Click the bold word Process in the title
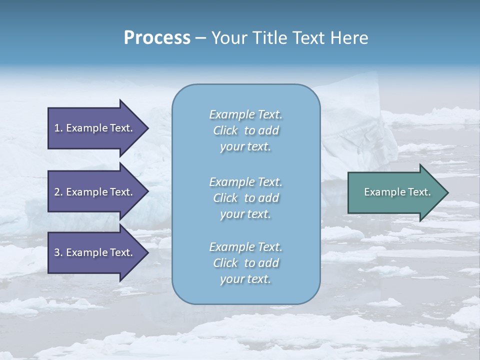coord(157,38)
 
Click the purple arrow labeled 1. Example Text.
coord(95,128)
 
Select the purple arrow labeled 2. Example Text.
coord(95,192)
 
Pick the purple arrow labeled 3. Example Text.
coord(95,252)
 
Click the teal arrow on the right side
coord(395,192)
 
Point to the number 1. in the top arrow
coord(58,128)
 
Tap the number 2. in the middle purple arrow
coord(58,192)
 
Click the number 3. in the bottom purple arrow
coord(58,252)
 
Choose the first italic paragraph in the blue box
coord(245,130)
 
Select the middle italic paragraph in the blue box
coord(245,198)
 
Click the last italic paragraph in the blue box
coord(245,263)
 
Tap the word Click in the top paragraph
coord(225,131)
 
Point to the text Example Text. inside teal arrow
coord(397,192)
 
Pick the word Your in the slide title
coord(228,38)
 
